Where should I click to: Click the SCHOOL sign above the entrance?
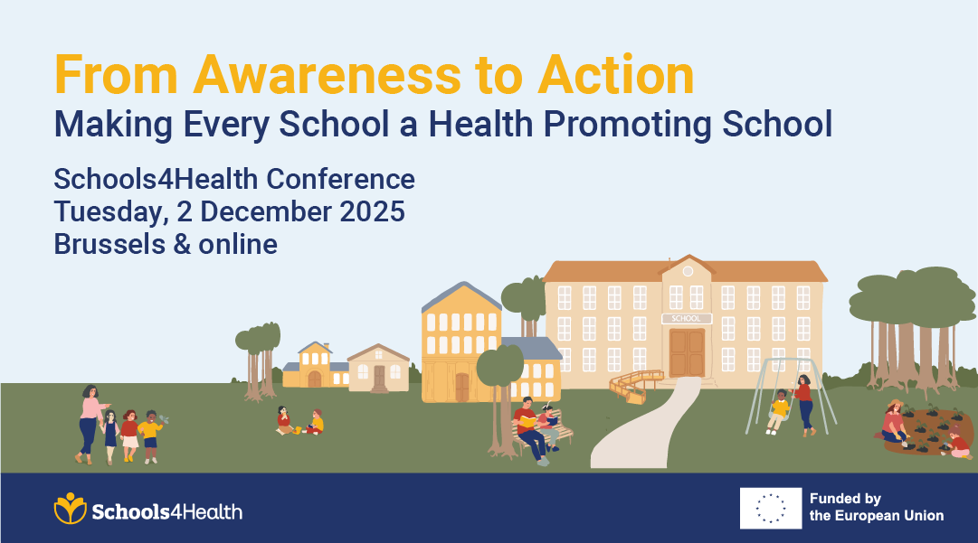(x=687, y=318)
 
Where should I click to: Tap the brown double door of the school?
(x=687, y=352)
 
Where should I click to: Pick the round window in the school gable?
(x=688, y=271)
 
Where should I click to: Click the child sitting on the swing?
(x=778, y=410)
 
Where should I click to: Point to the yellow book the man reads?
(x=527, y=419)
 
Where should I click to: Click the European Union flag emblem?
(x=770, y=508)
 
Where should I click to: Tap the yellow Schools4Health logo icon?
(x=70, y=509)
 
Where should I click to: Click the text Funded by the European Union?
(x=876, y=508)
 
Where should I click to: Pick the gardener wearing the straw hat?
(x=895, y=421)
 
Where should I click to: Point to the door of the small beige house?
(x=379, y=378)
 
